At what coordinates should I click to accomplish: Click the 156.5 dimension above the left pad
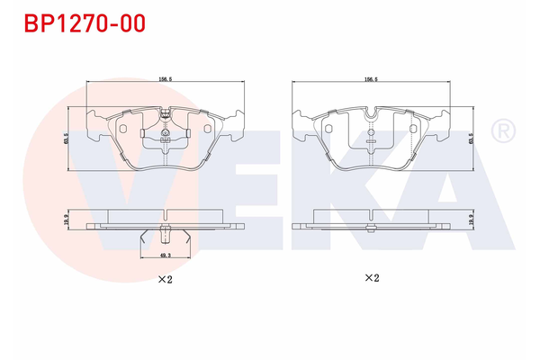pos(164,79)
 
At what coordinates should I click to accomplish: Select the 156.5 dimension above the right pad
pos(370,79)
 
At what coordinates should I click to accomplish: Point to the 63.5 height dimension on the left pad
pos(67,139)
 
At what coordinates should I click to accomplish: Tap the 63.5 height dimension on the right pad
pos(472,139)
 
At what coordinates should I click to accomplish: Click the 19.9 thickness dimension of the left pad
pos(67,219)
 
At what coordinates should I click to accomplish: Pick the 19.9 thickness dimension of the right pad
pos(472,219)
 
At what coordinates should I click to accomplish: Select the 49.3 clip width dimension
pos(164,256)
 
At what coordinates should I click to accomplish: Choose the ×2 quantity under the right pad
pos(370,279)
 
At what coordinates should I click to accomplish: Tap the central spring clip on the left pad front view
pos(164,135)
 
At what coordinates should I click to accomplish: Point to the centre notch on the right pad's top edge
pos(370,114)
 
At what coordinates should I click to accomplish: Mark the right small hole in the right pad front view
pos(413,129)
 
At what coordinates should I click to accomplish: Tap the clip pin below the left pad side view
pos(164,236)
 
